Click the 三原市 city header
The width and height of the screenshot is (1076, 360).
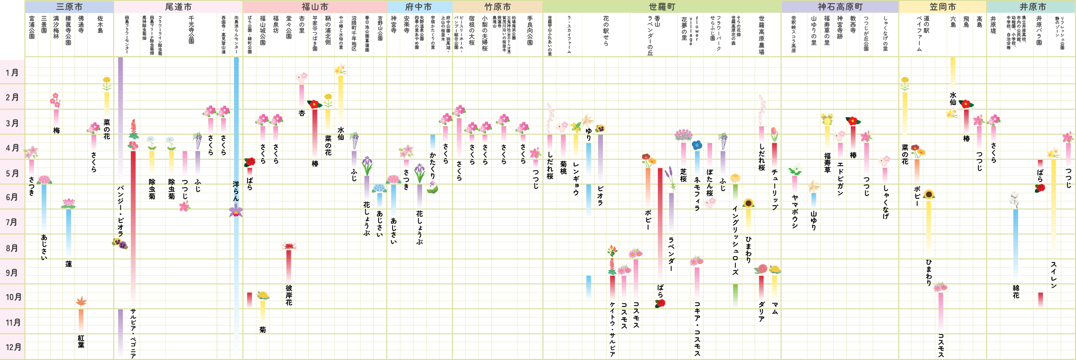[x=69, y=7]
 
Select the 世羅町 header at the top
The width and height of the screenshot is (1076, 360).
[x=662, y=7]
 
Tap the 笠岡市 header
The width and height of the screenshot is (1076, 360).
[x=943, y=7]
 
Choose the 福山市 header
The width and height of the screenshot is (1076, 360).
[x=315, y=7]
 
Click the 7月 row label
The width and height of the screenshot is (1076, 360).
[x=12, y=222]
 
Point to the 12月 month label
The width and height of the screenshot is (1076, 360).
[x=13, y=347]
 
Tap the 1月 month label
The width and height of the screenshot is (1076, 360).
[x=12, y=73]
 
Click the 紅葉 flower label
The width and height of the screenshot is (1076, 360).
[x=81, y=341]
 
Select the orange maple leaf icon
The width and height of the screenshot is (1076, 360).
[x=81, y=301]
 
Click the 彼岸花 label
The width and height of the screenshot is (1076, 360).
[x=289, y=296]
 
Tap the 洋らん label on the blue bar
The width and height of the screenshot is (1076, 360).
[x=236, y=191]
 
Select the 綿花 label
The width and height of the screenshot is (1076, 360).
[x=1016, y=291]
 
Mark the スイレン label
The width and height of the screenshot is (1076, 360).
[x=1054, y=275]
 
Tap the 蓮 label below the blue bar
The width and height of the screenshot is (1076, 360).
[x=68, y=264]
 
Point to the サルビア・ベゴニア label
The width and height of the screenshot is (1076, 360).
[x=133, y=334]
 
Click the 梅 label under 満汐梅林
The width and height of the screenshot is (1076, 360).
[x=56, y=130]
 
